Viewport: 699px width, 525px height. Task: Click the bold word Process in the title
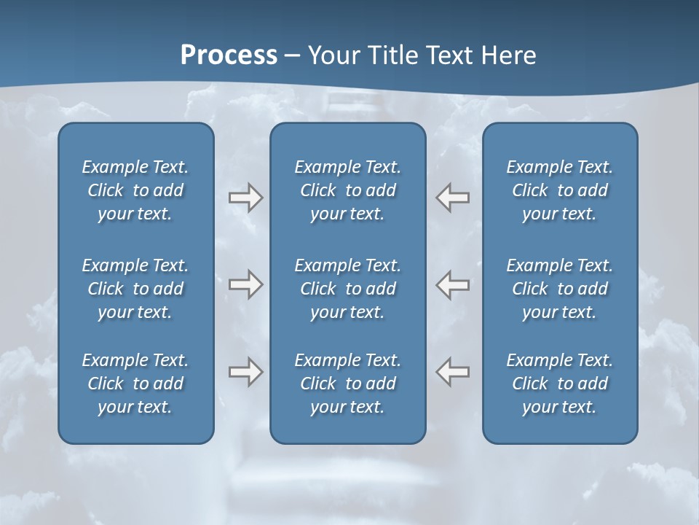pos(229,55)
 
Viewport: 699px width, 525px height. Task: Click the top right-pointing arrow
pos(246,198)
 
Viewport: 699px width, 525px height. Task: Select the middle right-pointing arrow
pos(246,284)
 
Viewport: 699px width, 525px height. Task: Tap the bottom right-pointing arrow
pos(246,372)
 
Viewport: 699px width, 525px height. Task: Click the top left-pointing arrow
pos(452,198)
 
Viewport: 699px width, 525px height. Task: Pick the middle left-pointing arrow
pos(452,284)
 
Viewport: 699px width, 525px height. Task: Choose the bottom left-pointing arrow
pos(452,372)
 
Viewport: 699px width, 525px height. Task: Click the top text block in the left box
pos(135,190)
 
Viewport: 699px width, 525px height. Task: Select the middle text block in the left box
pos(135,289)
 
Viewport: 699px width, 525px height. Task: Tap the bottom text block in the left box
pos(135,384)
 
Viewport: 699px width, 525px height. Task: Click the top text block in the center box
pos(347,190)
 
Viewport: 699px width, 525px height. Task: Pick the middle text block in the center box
pos(347,289)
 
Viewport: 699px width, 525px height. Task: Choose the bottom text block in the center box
pos(347,384)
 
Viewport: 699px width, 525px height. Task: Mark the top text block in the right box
pos(559,190)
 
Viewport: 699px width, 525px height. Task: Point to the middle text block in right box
pos(559,289)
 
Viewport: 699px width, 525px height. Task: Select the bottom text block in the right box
pos(559,384)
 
